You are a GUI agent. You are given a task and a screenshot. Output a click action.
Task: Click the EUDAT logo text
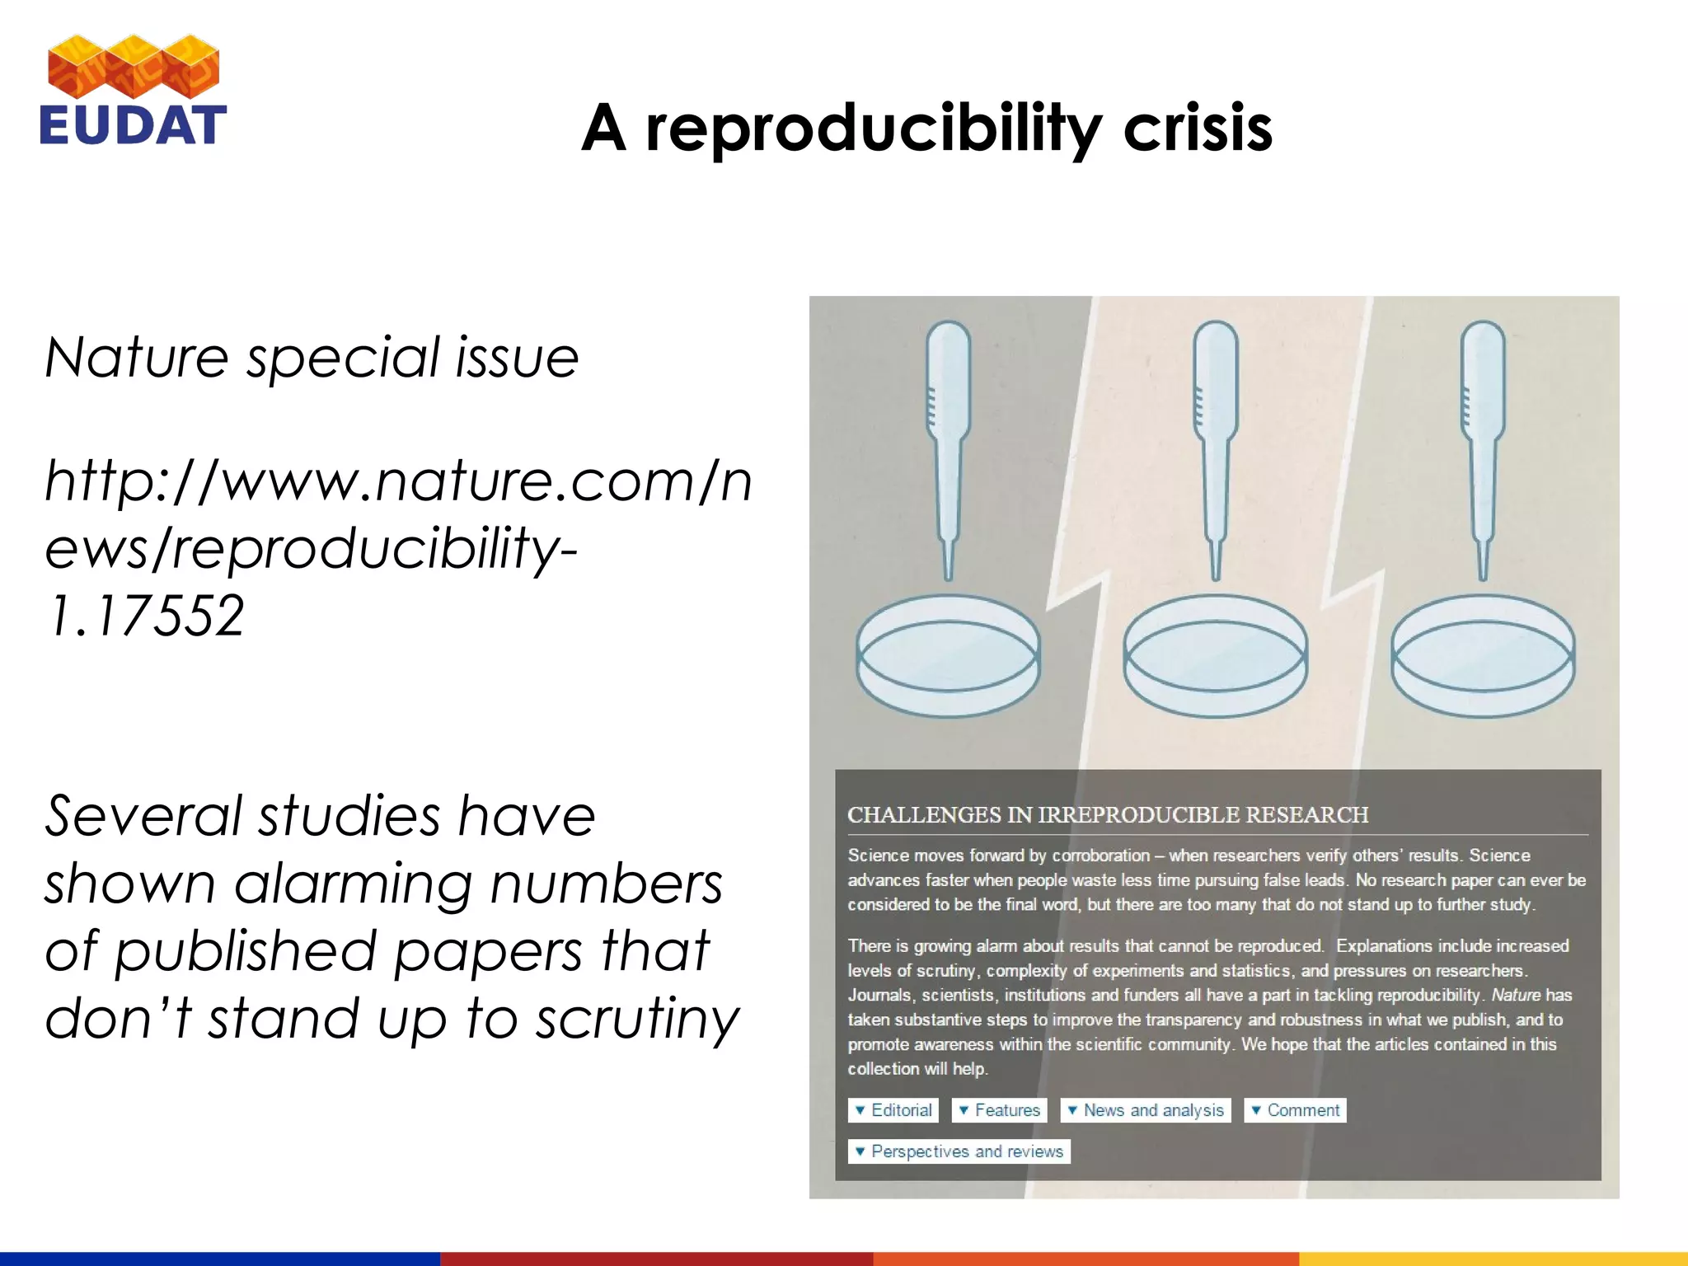(133, 125)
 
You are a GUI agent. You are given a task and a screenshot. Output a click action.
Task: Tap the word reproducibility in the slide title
(874, 130)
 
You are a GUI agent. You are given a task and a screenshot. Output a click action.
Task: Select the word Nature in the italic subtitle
(136, 358)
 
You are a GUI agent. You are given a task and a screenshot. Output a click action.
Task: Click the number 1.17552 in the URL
(146, 616)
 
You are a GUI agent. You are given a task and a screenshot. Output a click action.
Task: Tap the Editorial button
(893, 1110)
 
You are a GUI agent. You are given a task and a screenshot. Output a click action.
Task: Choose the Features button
(999, 1110)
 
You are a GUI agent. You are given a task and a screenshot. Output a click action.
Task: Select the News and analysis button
(1145, 1110)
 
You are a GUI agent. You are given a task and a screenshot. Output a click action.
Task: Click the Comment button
(1295, 1110)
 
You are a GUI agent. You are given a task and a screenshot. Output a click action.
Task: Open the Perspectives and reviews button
(959, 1151)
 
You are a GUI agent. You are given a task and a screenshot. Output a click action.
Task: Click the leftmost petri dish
(948, 655)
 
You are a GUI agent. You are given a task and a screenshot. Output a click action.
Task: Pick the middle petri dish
(1215, 655)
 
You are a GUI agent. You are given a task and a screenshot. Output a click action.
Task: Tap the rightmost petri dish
(1482, 655)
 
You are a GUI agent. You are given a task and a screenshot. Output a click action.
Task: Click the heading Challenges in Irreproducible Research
(1107, 814)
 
